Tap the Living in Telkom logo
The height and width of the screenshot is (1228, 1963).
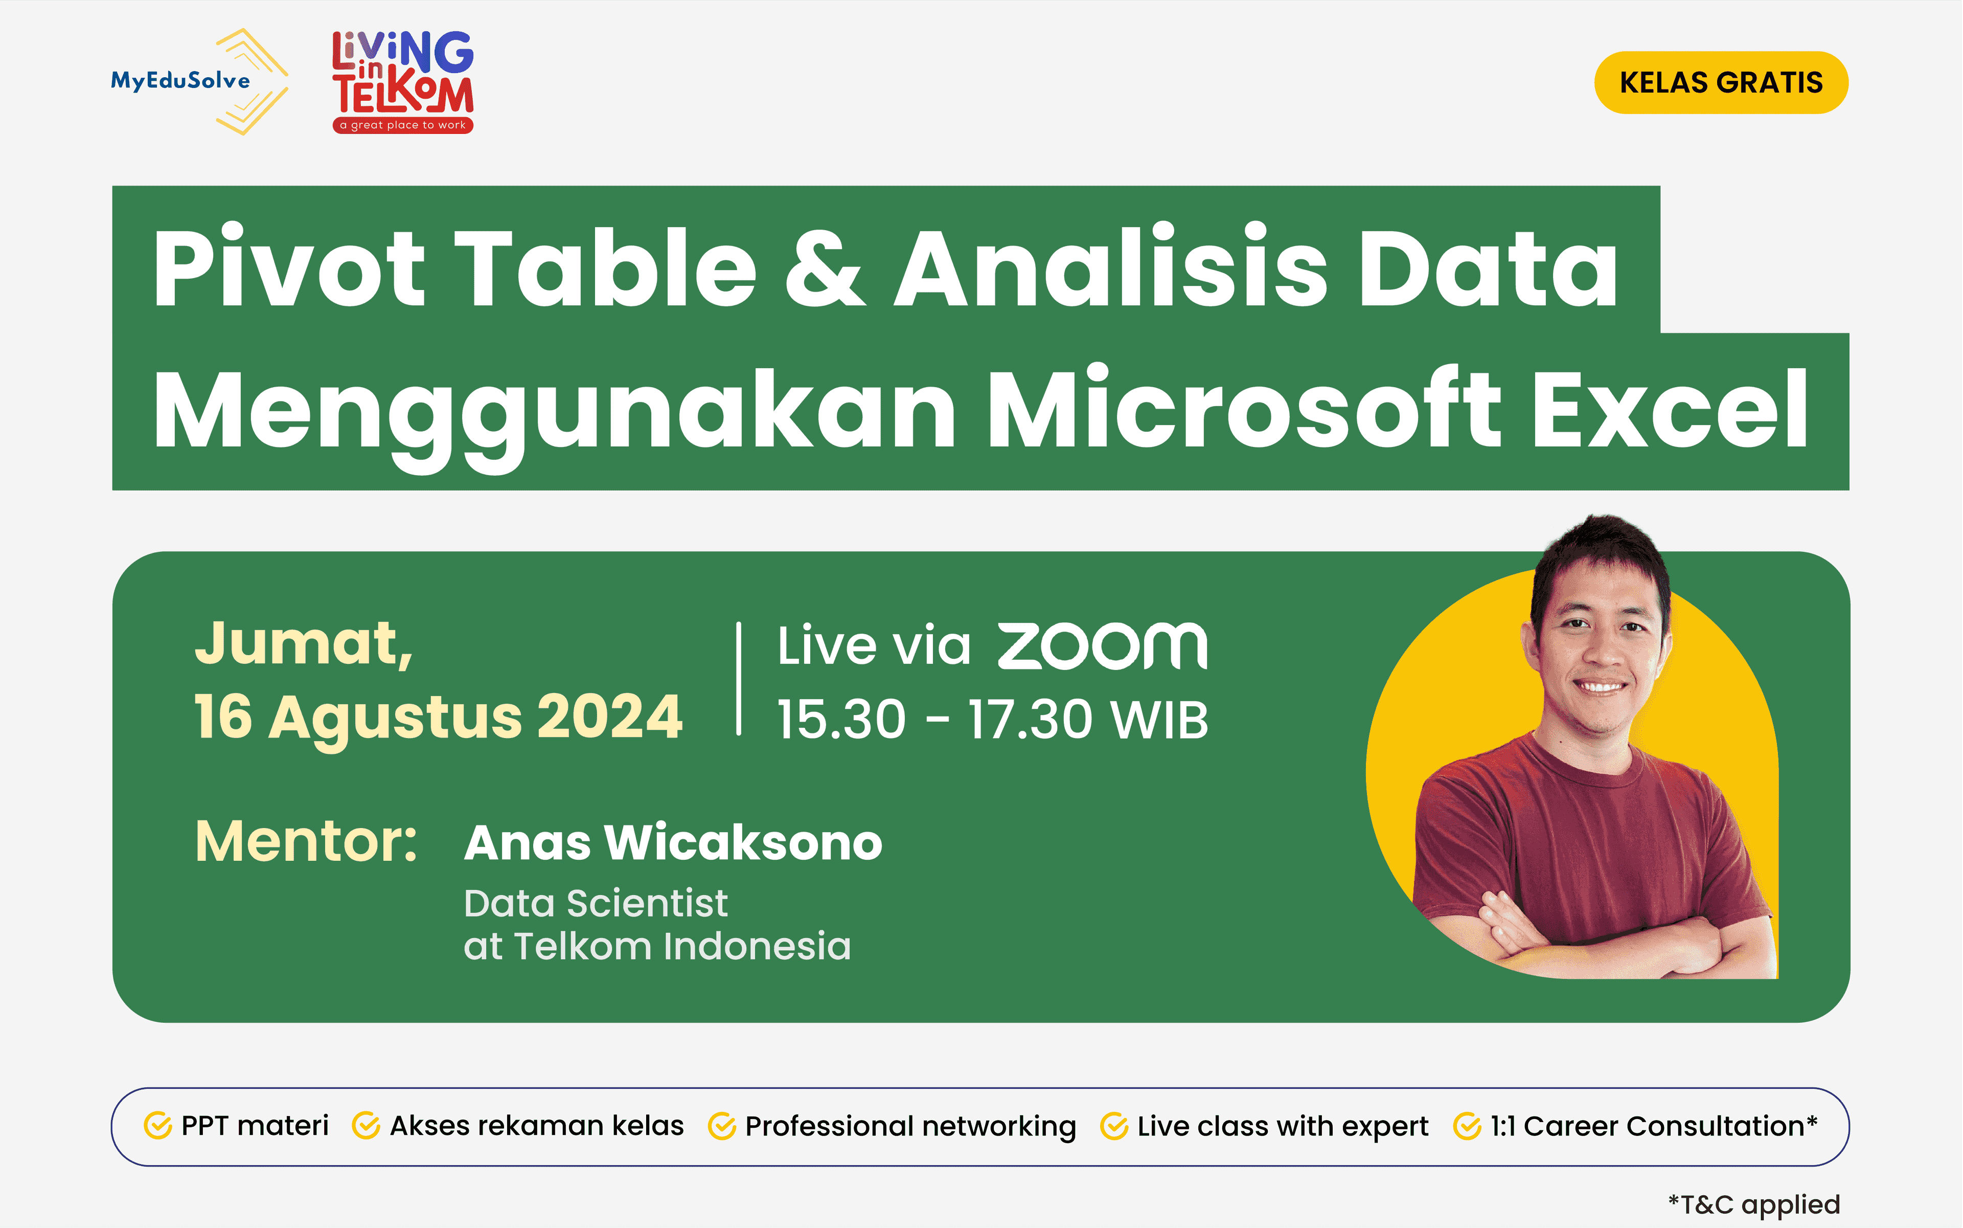coord(403,81)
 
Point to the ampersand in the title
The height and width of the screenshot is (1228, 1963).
coord(825,268)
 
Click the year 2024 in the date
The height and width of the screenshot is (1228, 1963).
coord(609,717)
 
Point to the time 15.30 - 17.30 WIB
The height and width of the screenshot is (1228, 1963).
coord(992,720)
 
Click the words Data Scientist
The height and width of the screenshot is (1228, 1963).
coord(595,903)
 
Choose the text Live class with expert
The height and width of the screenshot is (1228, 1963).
coord(1282,1127)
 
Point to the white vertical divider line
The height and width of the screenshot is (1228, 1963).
coord(739,679)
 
